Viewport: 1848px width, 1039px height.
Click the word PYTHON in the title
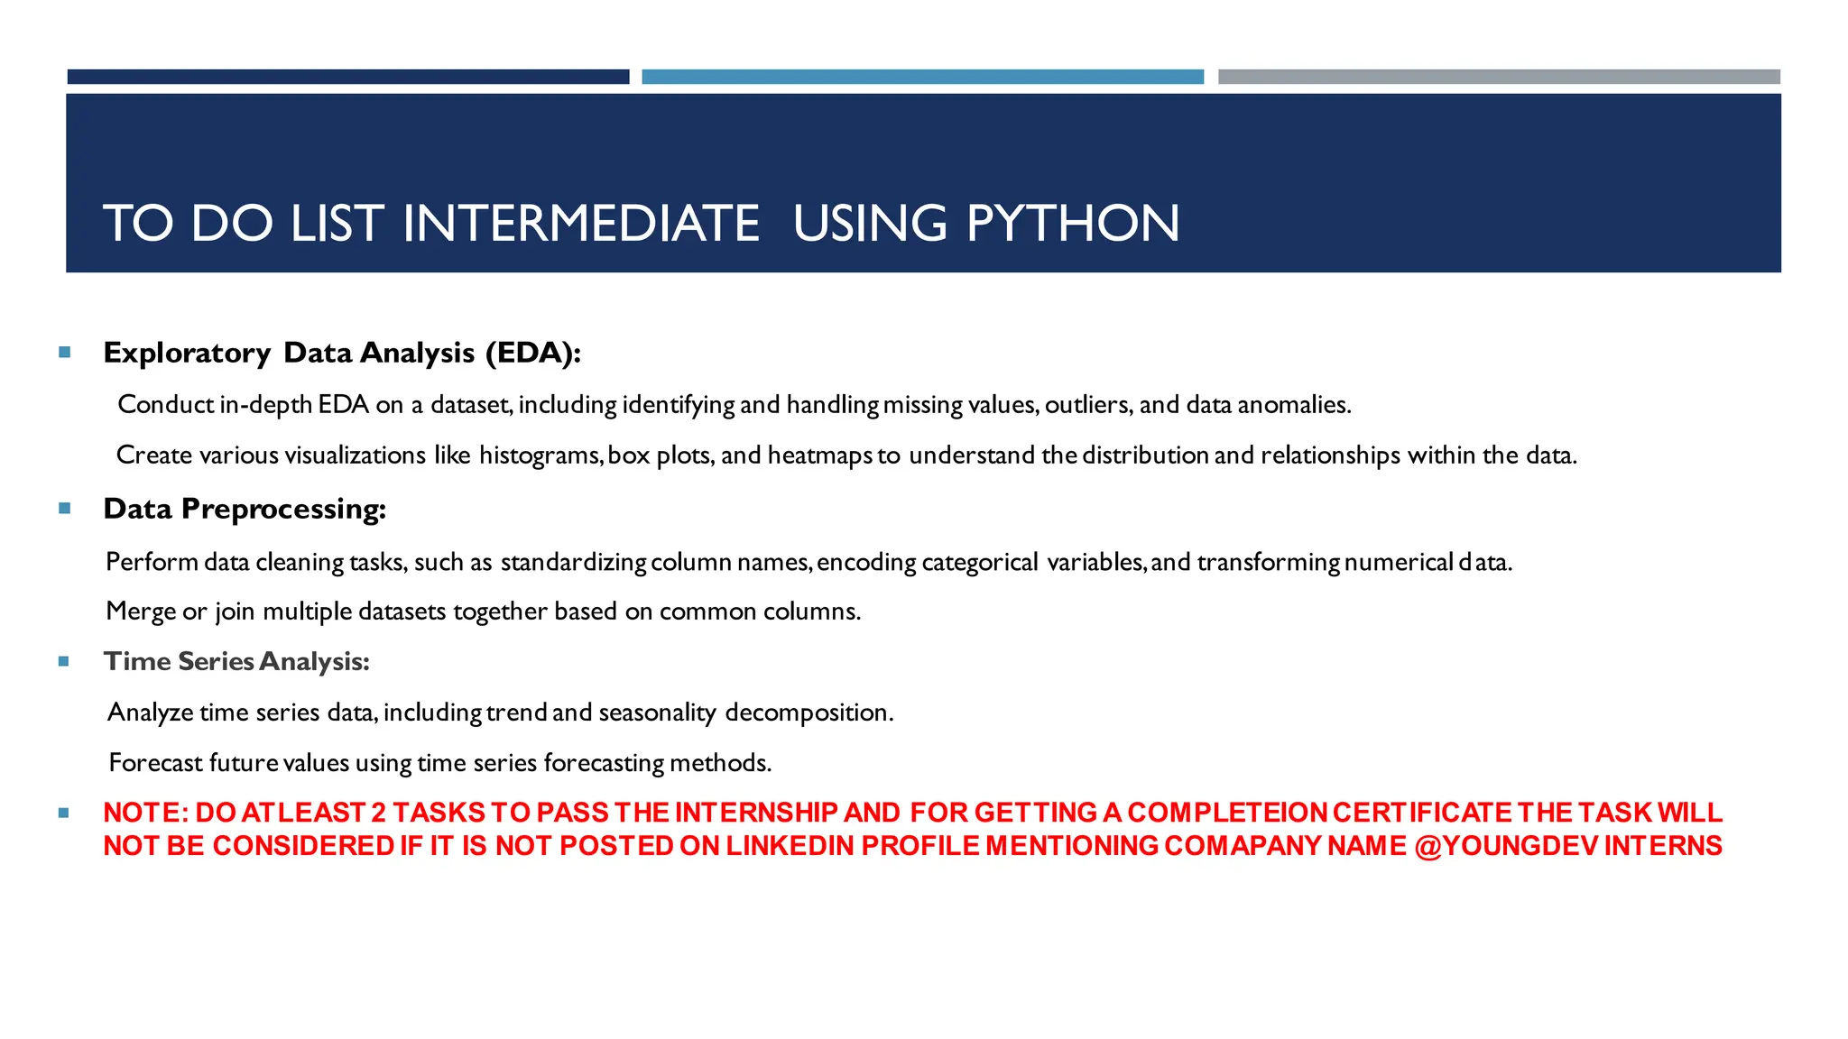[x=1073, y=223]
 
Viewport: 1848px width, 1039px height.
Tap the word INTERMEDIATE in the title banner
[x=581, y=223]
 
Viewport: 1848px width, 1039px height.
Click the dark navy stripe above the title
[x=348, y=77]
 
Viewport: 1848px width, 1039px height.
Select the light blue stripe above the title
[x=922, y=77]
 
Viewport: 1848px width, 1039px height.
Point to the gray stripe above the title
[x=1499, y=77]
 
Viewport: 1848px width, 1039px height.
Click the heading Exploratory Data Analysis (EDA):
[x=342, y=353]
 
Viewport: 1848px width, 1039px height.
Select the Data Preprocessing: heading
[x=245, y=509]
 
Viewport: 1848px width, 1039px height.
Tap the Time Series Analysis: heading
[x=236, y=661]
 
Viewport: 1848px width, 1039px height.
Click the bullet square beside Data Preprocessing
[x=64, y=509]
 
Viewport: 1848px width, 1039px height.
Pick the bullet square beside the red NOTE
[x=64, y=813]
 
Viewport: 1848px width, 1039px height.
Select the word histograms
[x=540, y=455]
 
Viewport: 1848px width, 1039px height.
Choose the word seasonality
[x=657, y=713]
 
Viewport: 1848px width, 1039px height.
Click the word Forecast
[x=155, y=763]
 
